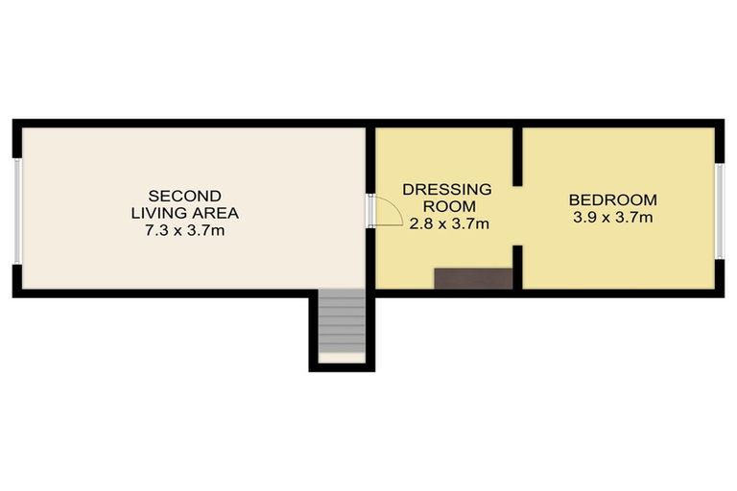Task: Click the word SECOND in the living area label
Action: (185, 196)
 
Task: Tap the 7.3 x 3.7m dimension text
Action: (184, 231)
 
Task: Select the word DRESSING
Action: (447, 189)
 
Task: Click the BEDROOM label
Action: (612, 200)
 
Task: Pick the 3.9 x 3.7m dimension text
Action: (612, 219)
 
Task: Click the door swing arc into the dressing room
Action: (387, 208)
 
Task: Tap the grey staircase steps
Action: (341, 321)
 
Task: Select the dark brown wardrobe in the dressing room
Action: (473, 278)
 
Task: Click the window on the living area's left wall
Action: (17, 208)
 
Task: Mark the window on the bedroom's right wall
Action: (719, 210)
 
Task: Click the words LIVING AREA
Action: (185, 213)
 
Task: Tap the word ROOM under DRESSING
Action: (447, 206)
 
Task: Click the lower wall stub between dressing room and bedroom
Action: (516, 267)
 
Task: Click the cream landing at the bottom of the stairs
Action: (341, 358)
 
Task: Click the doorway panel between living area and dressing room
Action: (370, 210)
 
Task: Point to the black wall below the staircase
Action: (341, 367)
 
